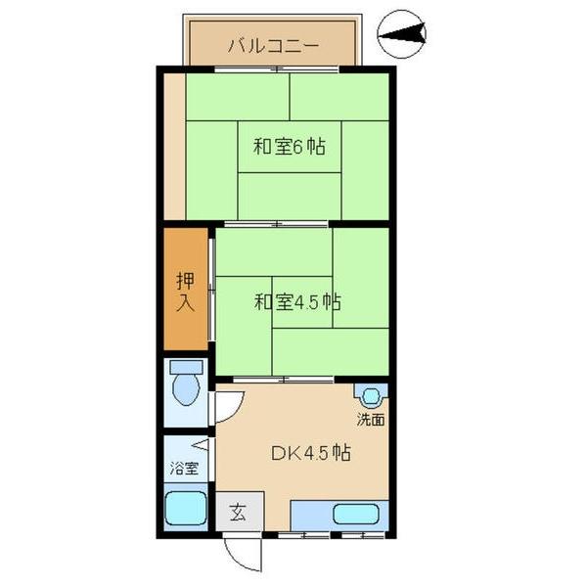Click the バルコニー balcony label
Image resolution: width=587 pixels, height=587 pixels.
[274, 45]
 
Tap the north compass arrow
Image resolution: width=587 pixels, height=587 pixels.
[402, 36]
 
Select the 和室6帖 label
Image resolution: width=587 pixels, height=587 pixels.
[290, 148]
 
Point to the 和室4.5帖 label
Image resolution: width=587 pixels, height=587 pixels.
[297, 302]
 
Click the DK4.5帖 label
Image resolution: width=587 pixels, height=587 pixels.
[310, 454]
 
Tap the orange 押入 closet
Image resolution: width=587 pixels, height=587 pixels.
[185, 292]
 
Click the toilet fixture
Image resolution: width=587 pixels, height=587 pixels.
[185, 384]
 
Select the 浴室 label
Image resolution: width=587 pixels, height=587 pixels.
[184, 468]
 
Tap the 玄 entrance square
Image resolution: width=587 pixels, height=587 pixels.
[237, 512]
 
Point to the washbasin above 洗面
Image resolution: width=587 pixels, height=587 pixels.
[371, 397]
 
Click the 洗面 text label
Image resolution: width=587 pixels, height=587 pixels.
[370, 421]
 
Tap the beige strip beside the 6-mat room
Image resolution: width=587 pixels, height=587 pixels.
[174, 147]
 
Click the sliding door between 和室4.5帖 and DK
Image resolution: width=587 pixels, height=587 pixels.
[284, 379]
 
